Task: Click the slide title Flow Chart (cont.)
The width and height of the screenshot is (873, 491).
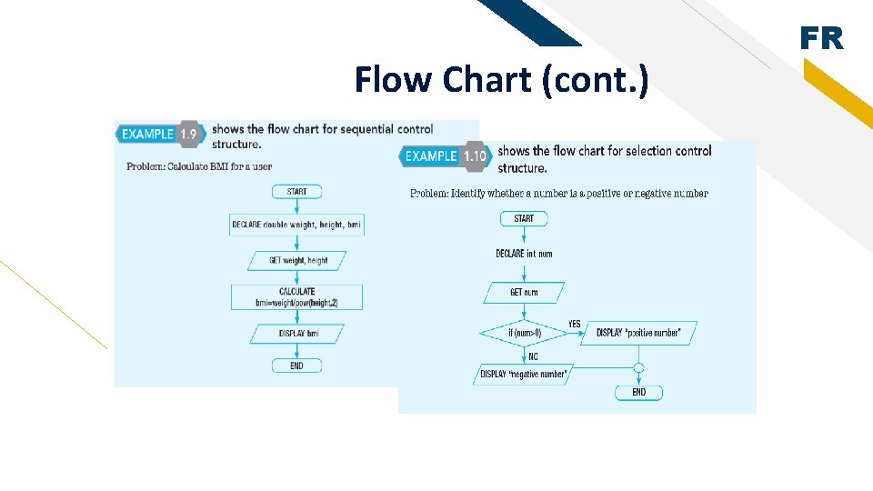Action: pos(502,80)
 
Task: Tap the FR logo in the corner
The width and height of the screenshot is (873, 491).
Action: pos(821,39)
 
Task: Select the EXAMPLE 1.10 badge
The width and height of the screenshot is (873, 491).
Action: pos(446,156)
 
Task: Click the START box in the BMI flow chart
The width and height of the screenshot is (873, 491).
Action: pos(296,192)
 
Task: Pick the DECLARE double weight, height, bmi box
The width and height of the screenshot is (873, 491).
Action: pos(296,225)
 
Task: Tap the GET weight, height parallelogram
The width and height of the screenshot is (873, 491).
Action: pos(298,260)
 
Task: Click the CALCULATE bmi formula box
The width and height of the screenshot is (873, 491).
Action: pos(296,297)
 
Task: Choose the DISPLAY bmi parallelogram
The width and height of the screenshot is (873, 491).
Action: pos(297,334)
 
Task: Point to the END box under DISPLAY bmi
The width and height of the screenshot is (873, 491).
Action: pos(296,366)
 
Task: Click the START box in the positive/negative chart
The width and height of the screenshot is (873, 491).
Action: pos(524,218)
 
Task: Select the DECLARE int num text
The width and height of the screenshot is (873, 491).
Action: pos(524,254)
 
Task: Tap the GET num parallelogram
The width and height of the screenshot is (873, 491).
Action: pos(524,293)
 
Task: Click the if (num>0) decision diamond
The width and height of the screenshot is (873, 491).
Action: pos(524,333)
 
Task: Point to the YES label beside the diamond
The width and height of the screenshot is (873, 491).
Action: pos(575,324)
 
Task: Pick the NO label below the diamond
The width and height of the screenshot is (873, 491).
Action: pos(533,356)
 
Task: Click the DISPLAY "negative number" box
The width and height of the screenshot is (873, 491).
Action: pos(523,374)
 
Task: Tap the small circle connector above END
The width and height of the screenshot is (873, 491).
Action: pos(638,368)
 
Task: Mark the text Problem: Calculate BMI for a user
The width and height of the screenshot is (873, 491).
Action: pos(199,166)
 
